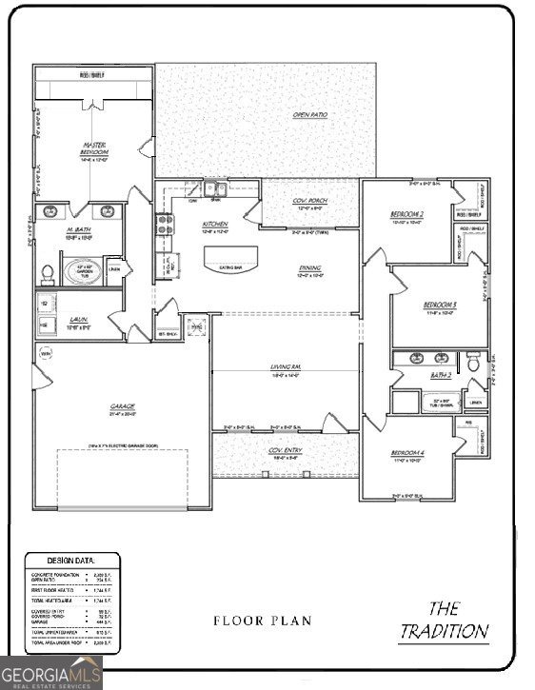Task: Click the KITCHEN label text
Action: [216, 226]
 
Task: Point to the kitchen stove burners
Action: [164, 226]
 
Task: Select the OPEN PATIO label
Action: [309, 115]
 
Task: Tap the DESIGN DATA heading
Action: [70, 562]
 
